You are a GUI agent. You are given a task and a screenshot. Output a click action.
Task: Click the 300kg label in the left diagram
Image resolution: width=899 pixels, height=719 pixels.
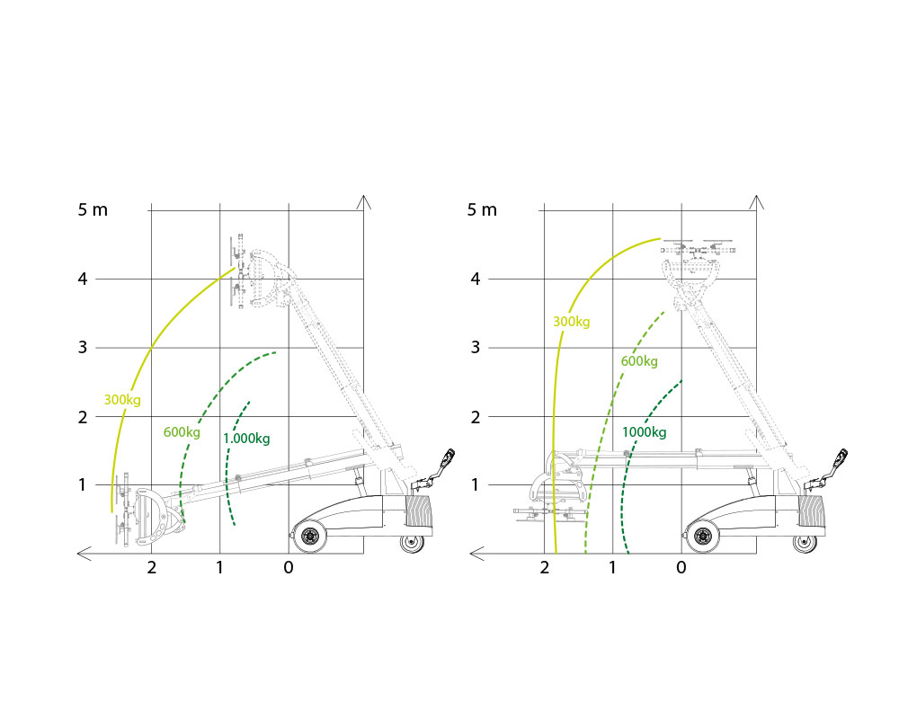122,400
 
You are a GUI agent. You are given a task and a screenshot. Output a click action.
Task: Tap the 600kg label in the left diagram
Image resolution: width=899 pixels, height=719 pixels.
182,431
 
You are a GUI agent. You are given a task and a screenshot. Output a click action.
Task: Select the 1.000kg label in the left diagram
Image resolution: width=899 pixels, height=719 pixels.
246,439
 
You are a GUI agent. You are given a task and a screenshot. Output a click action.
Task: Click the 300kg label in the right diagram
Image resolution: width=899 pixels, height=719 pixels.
571,322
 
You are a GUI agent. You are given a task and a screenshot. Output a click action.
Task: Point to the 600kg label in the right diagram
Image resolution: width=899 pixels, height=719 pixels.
639,361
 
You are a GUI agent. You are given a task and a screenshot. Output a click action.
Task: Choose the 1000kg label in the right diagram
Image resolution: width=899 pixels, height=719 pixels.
645,432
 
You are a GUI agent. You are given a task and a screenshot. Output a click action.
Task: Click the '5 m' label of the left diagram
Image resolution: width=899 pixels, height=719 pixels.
93,209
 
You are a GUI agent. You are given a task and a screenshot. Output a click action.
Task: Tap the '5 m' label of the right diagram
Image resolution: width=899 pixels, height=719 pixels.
482,209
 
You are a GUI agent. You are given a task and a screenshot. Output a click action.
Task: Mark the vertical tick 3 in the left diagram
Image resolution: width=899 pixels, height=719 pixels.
83,348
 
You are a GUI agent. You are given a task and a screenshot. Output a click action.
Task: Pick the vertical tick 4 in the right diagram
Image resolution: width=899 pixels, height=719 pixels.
476,280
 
